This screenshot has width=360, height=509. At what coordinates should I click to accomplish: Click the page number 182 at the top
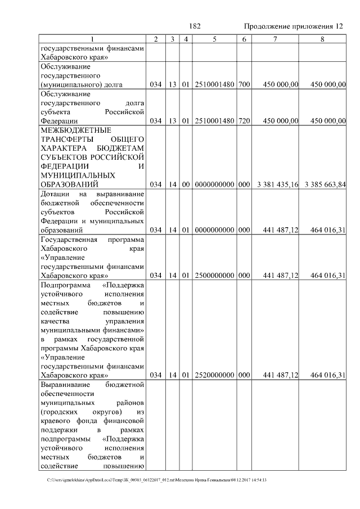195,26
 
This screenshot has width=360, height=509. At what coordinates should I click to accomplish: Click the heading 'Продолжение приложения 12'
292,26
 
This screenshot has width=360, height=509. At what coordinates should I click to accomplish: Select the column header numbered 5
215,39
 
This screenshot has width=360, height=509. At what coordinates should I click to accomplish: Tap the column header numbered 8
322,39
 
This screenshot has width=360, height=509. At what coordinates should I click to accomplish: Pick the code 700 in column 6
244,84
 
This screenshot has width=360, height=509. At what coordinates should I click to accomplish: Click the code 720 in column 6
244,121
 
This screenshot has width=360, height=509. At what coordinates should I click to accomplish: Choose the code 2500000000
215,276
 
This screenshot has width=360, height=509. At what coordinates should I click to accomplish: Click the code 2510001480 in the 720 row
215,121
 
